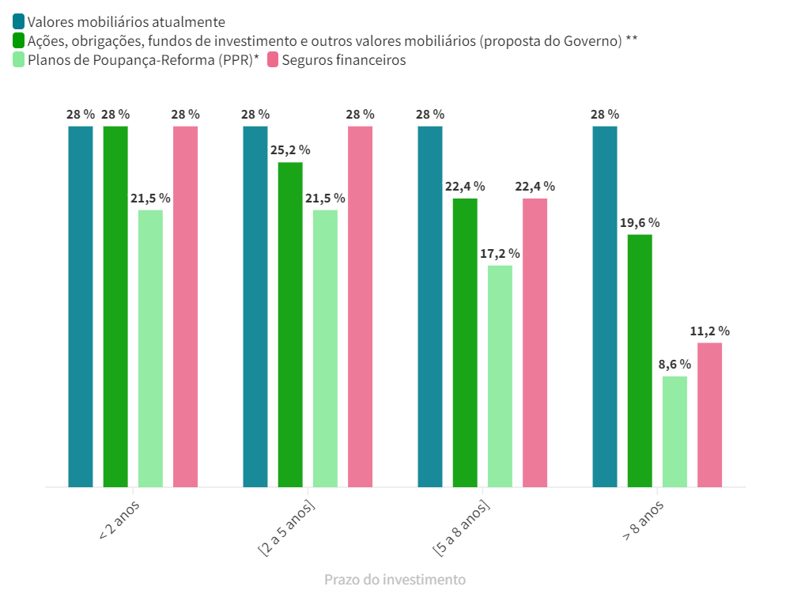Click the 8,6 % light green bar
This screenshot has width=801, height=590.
point(674,431)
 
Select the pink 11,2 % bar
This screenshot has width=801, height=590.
point(709,414)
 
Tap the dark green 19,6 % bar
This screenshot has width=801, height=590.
point(640,360)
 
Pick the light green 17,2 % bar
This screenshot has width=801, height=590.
point(500,376)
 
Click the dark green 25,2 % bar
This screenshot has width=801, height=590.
point(290,324)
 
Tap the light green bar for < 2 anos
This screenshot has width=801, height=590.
point(150,348)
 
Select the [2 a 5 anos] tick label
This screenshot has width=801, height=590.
point(286,527)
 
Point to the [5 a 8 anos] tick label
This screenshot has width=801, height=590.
point(461,527)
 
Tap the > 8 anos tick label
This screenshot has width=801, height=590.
point(643,520)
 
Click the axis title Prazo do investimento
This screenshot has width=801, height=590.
point(395,580)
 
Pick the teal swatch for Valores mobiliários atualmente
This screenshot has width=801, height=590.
point(18,21)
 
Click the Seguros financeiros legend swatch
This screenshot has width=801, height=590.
point(273,59)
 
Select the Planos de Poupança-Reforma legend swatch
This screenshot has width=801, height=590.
point(18,59)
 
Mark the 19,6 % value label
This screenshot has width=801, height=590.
point(640,223)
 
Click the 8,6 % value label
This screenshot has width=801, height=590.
point(674,365)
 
